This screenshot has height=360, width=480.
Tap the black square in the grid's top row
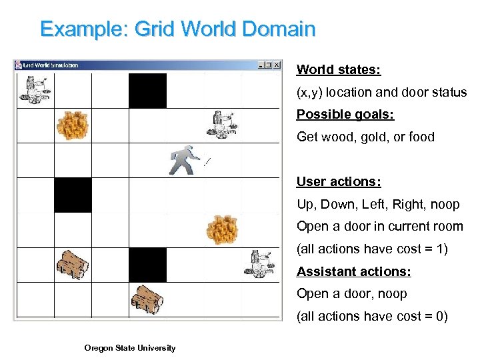coord(147,91)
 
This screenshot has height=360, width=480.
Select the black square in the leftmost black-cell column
coord(73,195)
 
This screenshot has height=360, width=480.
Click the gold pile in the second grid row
coord(72,125)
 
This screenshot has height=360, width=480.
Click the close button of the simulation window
coord(277,65)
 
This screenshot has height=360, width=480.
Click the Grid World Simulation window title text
coord(51,65)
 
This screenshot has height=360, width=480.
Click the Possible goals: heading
coord(345,115)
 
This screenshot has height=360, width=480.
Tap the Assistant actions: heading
coord(353,271)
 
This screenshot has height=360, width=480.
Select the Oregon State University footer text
coord(130,347)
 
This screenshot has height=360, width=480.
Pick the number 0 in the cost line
coord(437,316)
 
